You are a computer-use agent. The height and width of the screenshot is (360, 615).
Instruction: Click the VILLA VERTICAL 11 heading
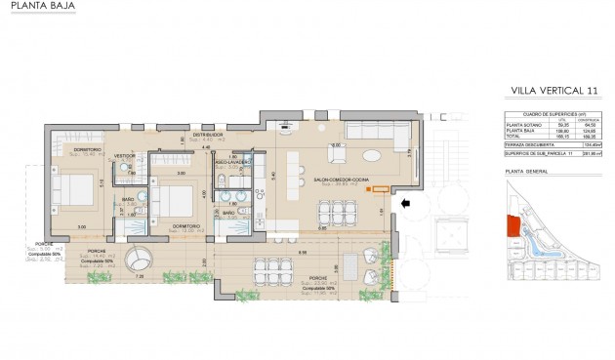point(553,91)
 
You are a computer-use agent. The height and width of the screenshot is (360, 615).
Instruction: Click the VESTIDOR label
point(124,155)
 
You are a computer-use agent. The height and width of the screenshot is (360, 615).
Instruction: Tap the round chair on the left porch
point(143,260)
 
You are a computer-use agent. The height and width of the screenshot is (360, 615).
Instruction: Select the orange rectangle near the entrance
point(377,187)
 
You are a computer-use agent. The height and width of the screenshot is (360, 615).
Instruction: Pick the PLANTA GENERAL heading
point(527,172)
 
